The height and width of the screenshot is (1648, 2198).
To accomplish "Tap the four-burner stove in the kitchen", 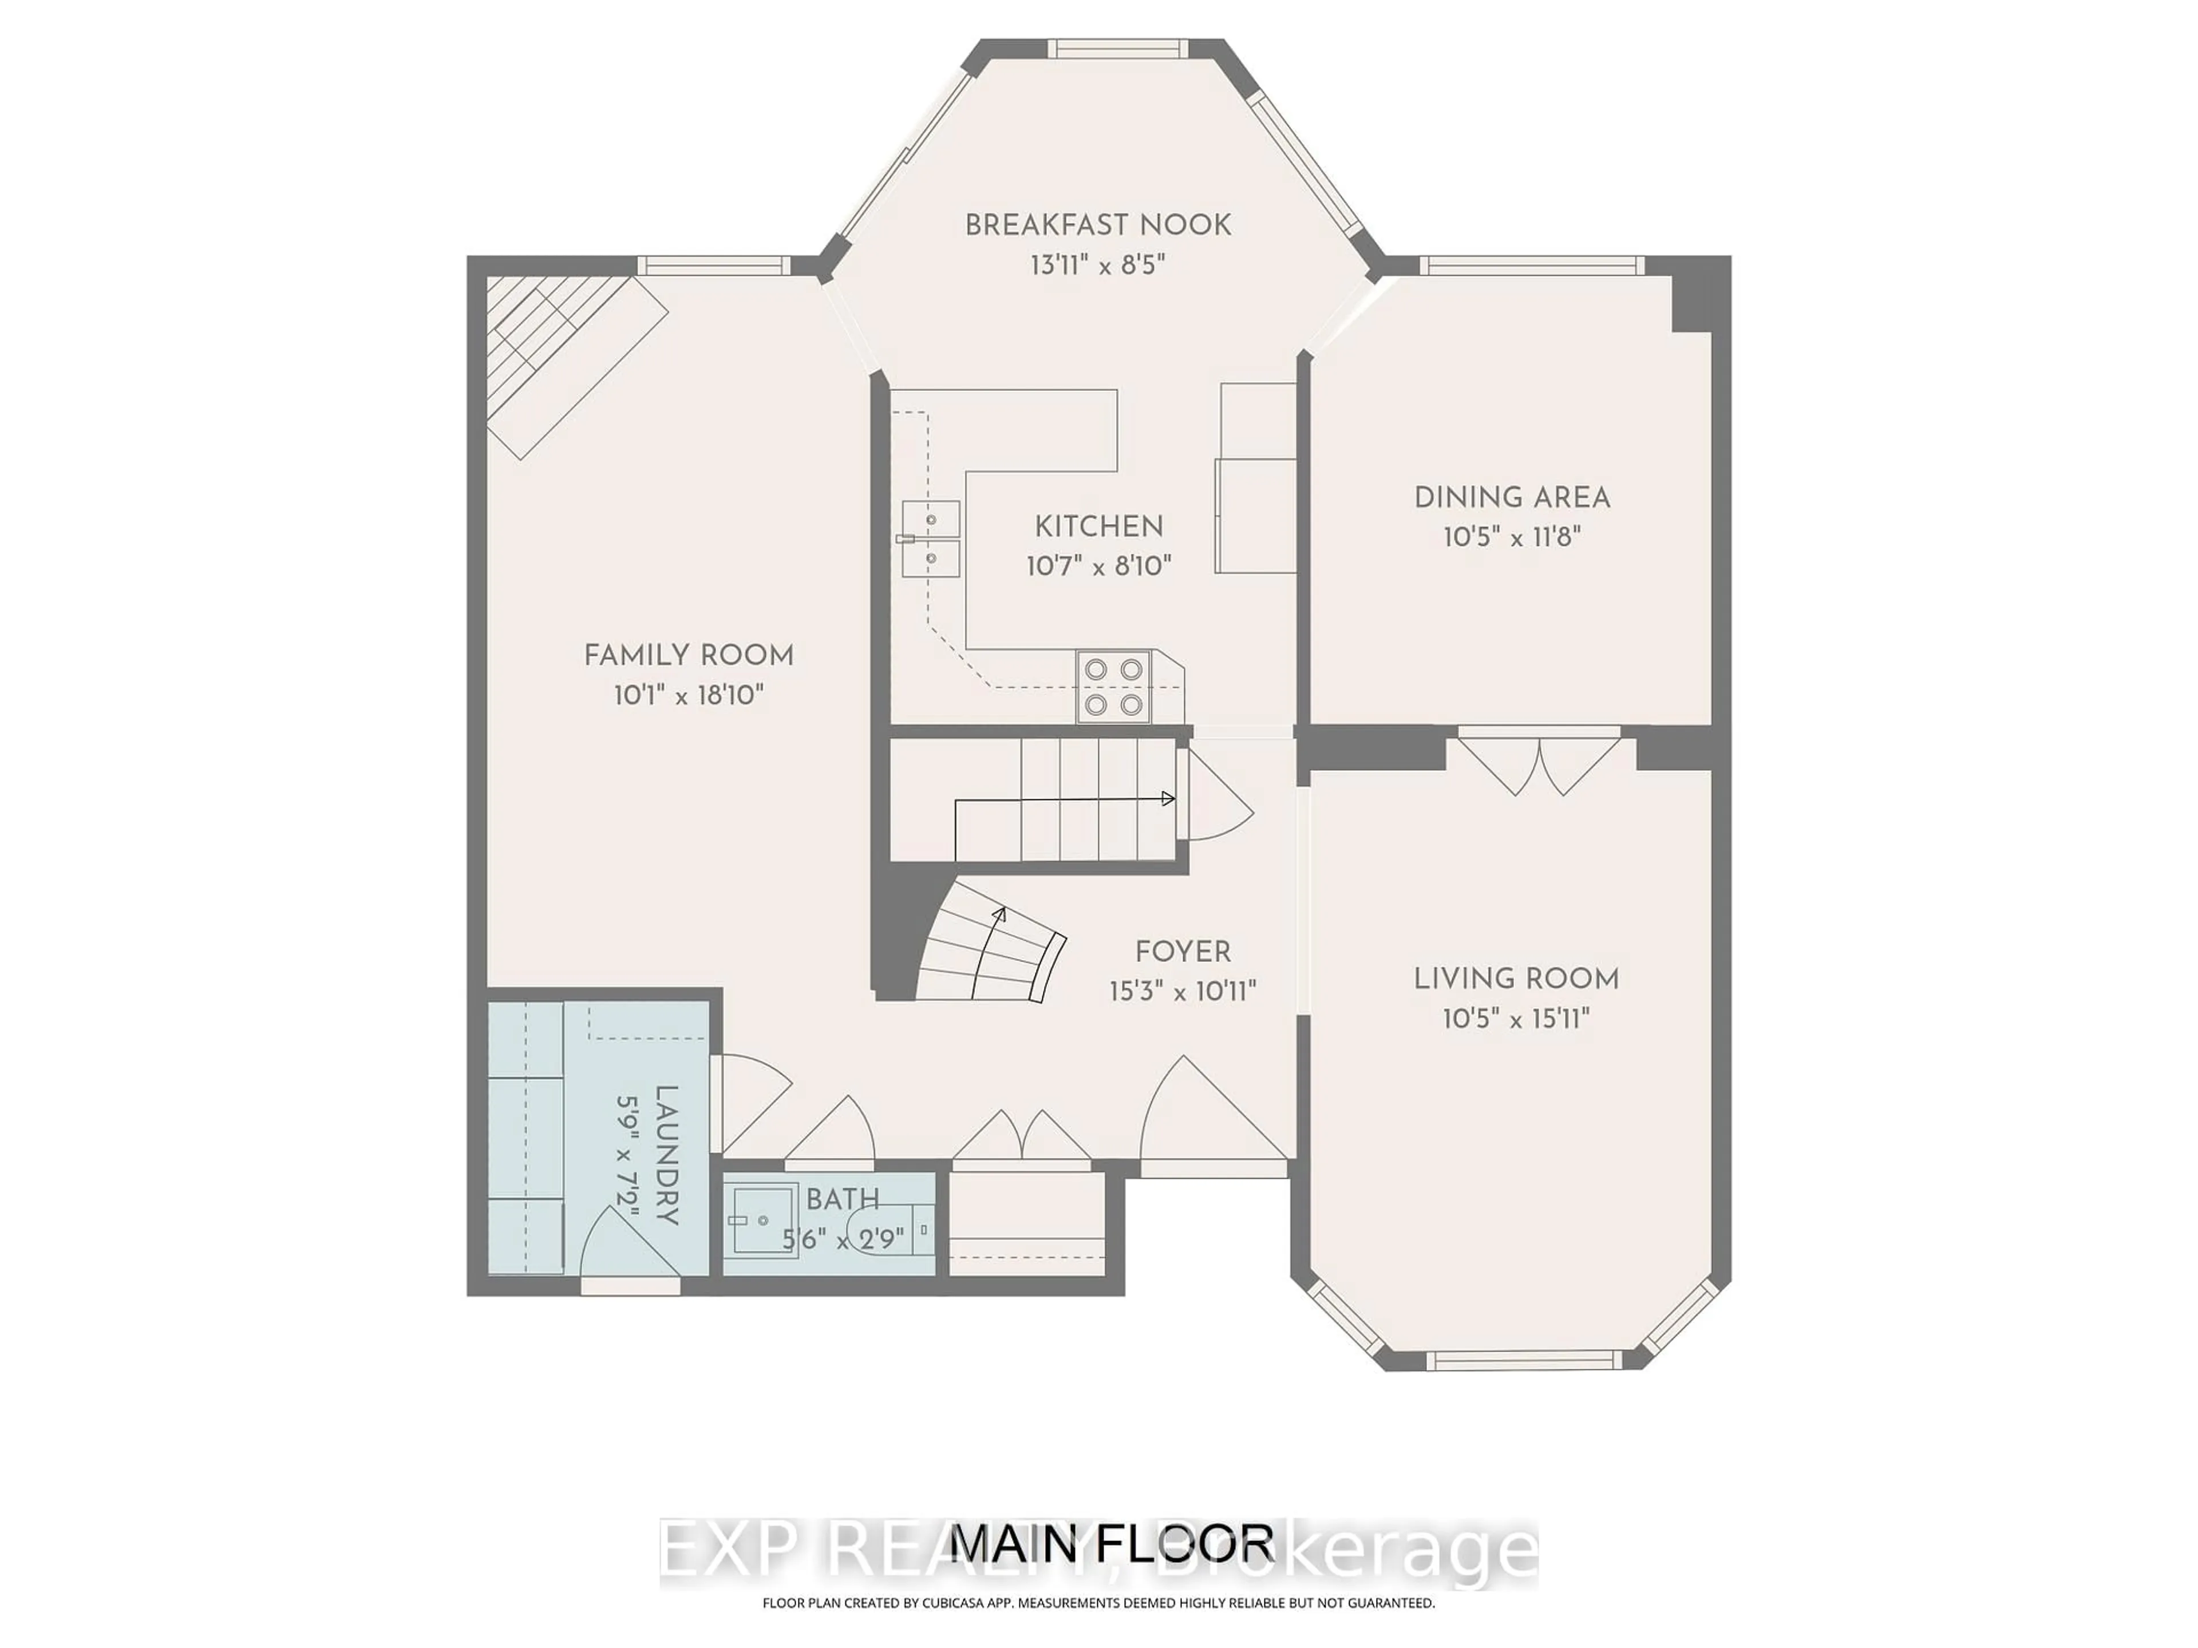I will tap(1113, 687).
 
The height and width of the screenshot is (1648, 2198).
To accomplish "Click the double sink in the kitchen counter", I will tap(931, 540).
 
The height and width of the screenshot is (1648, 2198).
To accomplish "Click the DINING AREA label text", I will tap(1511, 498).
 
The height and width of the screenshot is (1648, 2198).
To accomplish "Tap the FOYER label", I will tap(1183, 952).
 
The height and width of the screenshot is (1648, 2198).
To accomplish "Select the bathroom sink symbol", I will tap(763, 1220).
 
